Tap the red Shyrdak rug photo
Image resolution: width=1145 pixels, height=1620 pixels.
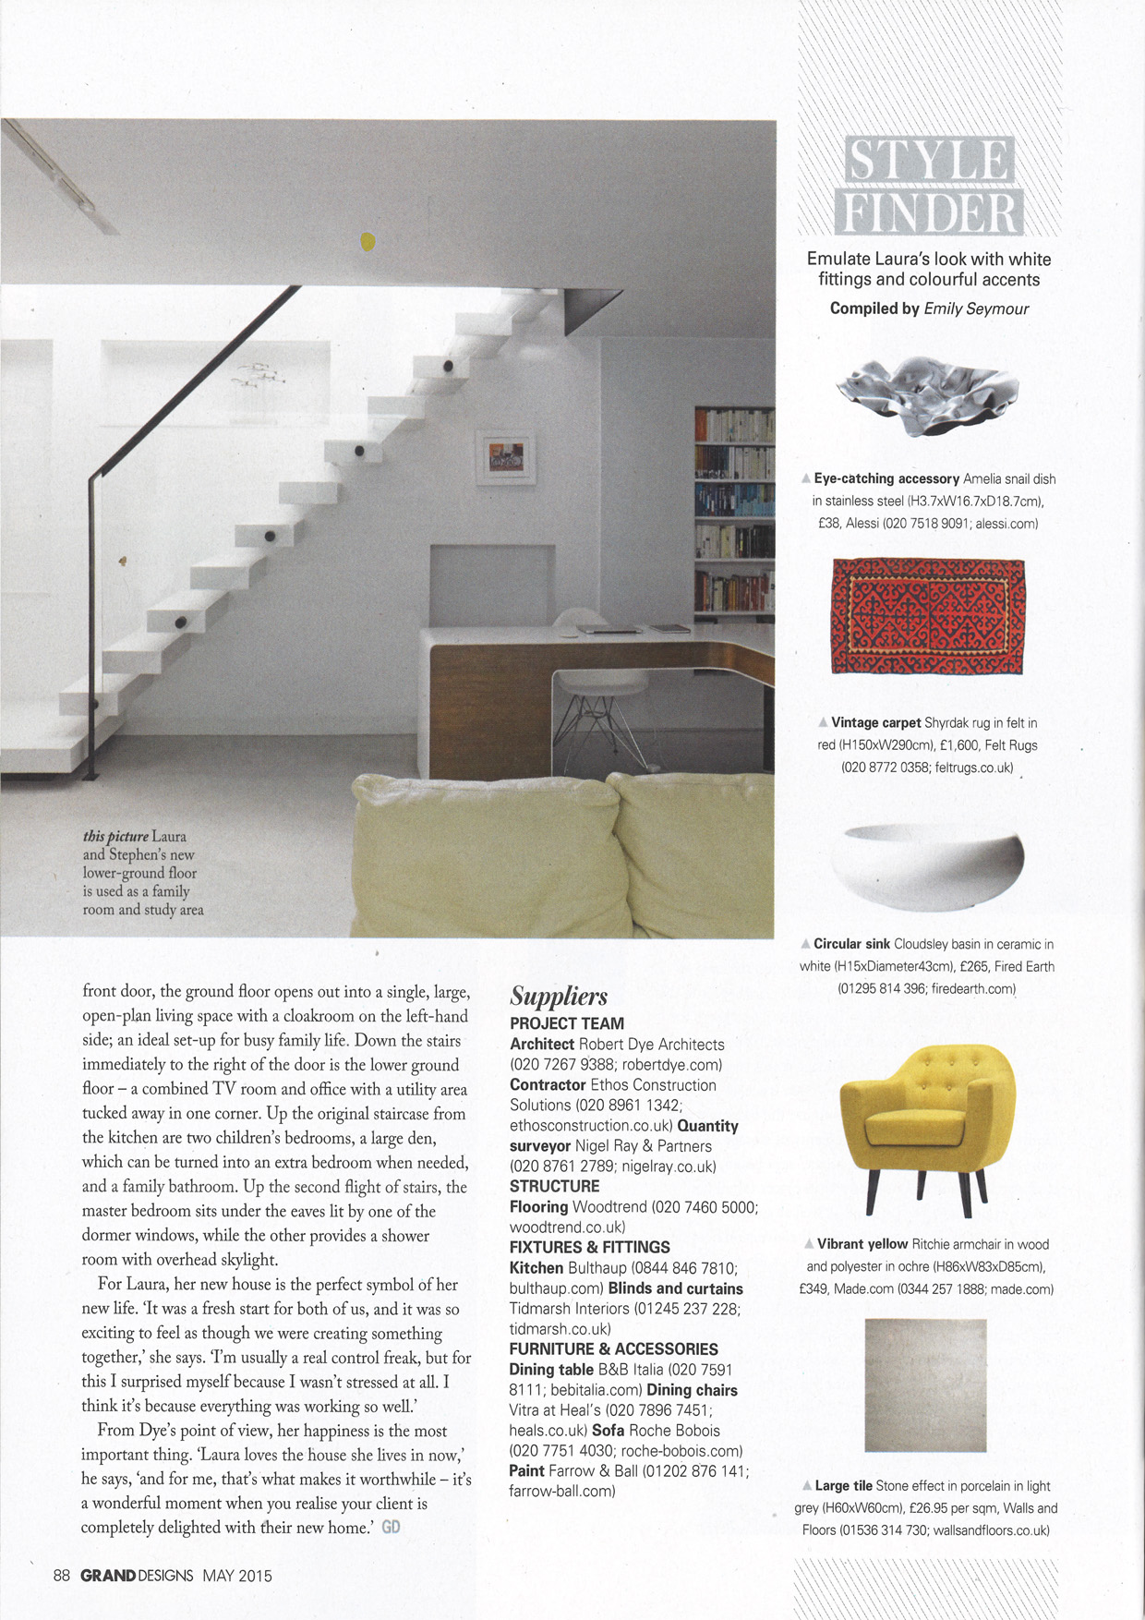click(x=928, y=616)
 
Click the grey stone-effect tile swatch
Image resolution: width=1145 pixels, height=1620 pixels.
click(x=925, y=1384)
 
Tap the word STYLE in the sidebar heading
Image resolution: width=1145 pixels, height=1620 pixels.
click(x=928, y=159)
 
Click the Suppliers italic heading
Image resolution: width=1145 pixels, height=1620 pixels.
click(x=559, y=997)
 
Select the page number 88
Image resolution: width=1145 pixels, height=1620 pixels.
click(x=62, y=1576)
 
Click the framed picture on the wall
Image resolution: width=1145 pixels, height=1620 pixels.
click(x=505, y=457)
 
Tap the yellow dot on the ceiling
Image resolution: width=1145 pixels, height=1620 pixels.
click(x=368, y=242)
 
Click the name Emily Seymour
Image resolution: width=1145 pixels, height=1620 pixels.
click(x=976, y=308)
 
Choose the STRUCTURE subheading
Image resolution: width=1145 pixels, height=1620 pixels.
click(x=554, y=1186)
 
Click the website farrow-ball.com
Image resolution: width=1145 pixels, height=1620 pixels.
click(x=561, y=1491)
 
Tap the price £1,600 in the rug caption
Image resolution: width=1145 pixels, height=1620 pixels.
click(x=938, y=745)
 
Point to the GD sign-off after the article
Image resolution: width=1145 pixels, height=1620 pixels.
click(x=391, y=1527)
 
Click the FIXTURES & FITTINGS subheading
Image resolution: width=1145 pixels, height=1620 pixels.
click(x=589, y=1247)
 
